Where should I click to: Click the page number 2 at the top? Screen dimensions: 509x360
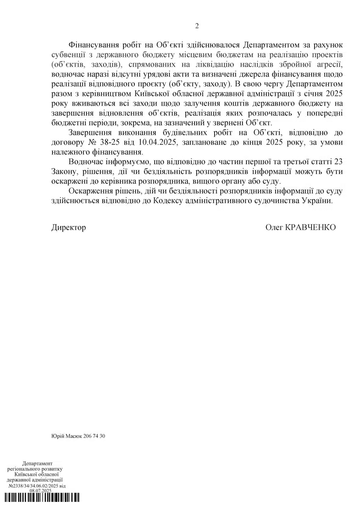tap(197, 26)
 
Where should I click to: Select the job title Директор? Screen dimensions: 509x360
tap(68, 228)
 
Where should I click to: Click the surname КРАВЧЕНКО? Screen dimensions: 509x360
tap(312, 228)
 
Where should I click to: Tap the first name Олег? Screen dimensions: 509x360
tap(274, 228)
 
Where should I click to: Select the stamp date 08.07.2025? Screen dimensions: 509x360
tap(40, 491)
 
